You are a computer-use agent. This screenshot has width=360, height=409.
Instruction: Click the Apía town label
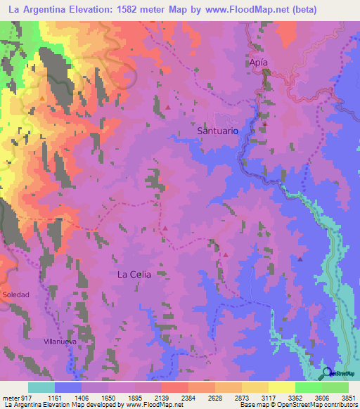click(x=259, y=62)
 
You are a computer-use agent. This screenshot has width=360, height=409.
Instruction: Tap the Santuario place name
click(x=217, y=131)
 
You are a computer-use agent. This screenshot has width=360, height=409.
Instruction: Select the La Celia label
click(x=134, y=275)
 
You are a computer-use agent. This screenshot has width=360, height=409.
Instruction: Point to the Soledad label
click(x=15, y=294)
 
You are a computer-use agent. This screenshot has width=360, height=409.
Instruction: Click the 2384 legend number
click(x=188, y=398)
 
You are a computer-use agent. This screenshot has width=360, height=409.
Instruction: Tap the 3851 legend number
click(x=349, y=398)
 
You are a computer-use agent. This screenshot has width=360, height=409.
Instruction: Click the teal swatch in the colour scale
click(x=41, y=387)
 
